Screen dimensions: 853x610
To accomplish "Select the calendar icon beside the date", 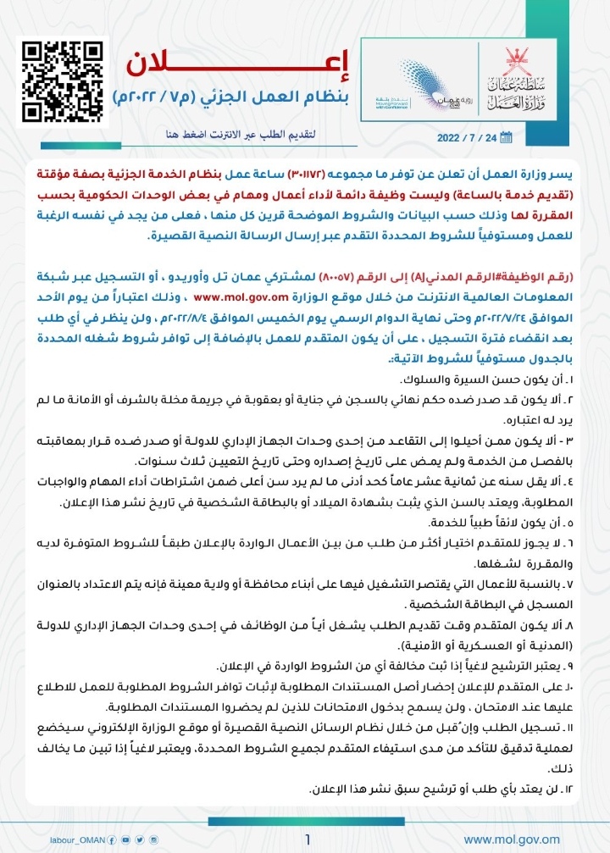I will coord(507,137).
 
